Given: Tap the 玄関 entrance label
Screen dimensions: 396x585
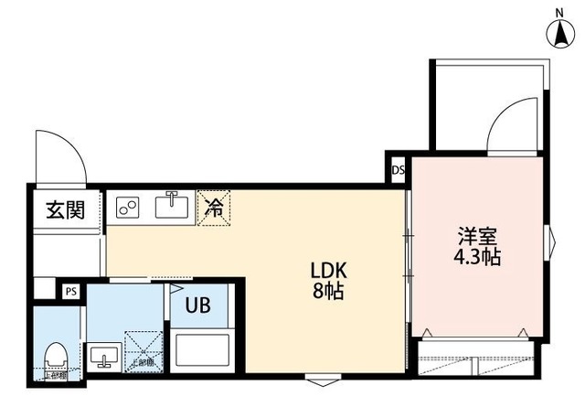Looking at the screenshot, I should tap(65, 210).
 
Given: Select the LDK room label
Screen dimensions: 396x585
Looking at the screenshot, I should tap(327, 271).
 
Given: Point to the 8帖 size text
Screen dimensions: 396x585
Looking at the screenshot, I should tap(327, 294).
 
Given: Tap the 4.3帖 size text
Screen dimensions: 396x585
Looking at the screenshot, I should tap(478, 257).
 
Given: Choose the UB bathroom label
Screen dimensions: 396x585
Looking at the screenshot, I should tap(199, 305).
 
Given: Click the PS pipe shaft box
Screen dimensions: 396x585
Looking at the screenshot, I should tap(70, 292).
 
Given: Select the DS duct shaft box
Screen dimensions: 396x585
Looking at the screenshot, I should tap(398, 171).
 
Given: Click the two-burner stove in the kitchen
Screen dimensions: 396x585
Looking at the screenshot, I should tap(127, 208).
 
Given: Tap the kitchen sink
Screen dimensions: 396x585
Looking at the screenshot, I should tap(171, 207).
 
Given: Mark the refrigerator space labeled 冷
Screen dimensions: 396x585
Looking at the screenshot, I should tap(213, 208).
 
